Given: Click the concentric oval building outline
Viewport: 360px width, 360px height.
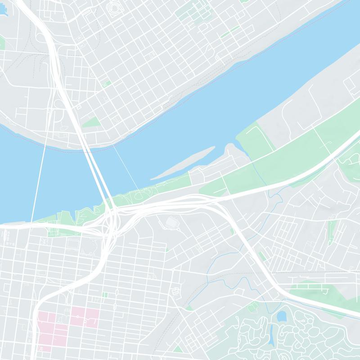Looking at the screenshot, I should (113, 9).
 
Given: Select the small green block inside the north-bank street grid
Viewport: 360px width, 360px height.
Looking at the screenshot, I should (106, 84).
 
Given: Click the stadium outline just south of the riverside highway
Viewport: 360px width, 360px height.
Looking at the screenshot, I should (172, 222).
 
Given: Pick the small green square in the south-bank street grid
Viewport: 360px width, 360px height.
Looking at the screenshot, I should (105, 295).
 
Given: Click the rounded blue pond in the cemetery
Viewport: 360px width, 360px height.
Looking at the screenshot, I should (282, 316).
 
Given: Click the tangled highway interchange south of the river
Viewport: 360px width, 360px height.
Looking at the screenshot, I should (112, 216).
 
